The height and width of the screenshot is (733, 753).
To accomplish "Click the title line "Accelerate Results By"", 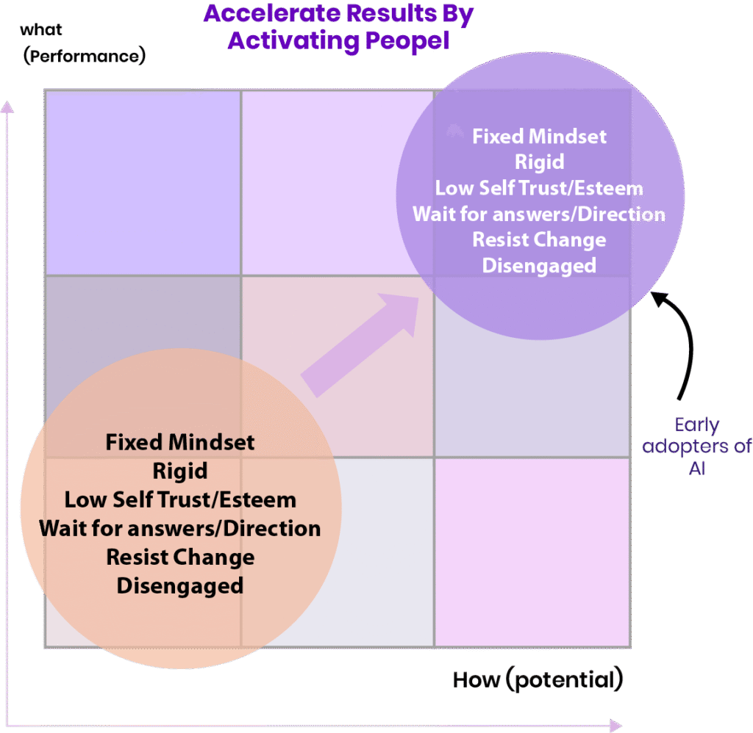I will tap(338, 14).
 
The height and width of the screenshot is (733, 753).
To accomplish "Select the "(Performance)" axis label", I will tap(85, 56).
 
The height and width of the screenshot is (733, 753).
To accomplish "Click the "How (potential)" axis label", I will tap(538, 679).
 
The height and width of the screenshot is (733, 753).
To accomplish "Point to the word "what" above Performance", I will tap(41, 30).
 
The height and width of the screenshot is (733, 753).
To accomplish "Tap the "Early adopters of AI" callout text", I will tap(696, 446).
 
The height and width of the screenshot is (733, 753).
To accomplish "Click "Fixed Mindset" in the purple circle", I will tap(539, 136).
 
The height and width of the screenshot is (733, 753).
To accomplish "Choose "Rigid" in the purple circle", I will tap(539, 162).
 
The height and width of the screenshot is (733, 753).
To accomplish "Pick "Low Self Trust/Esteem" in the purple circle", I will tap(539, 188).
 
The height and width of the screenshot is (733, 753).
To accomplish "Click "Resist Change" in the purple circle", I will tap(539, 239).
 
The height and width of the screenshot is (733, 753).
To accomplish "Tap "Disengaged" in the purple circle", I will tap(539, 265).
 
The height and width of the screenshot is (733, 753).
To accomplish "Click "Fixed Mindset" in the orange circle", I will tap(180, 442).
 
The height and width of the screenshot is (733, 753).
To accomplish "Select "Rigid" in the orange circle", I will tap(180, 471).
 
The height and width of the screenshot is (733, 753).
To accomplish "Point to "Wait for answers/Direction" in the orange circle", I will tap(180, 528).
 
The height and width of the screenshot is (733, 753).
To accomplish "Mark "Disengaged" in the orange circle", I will tap(180, 585).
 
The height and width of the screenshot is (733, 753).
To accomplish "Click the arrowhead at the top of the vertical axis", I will tap(7, 108).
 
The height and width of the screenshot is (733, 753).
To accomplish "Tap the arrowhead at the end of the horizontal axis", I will tap(615, 726).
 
